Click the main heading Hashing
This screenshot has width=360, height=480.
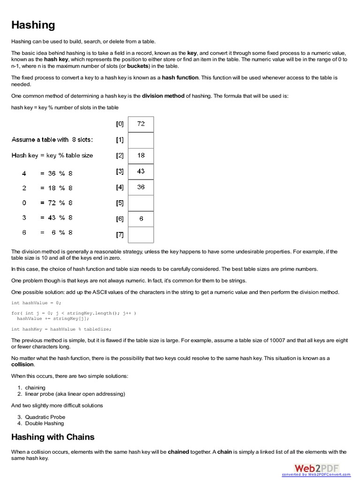click(x=33, y=25)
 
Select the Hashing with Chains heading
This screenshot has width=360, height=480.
click(x=52, y=437)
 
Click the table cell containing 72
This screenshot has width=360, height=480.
click(x=141, y=124)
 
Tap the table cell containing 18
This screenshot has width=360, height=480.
click(x=141, y=156)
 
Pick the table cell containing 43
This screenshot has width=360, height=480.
click(x=141, y=172)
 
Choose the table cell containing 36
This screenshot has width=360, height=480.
click(x=141, y=187)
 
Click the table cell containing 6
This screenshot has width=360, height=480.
click(x=141, y=218)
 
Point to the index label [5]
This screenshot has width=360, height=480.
click(x=120, y=203)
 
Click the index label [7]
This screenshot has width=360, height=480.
click(x=120, y=234)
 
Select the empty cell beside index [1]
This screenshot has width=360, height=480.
click(x=141, y=140)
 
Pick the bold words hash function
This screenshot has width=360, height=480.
click(x=180, y=77)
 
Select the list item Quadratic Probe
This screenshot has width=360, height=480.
click(x=45, y=417)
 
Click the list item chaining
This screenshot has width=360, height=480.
click(x=35, y=388)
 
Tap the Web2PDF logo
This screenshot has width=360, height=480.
click(x=316, y=467)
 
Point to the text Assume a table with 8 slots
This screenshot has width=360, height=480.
click(x=52, y=140)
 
